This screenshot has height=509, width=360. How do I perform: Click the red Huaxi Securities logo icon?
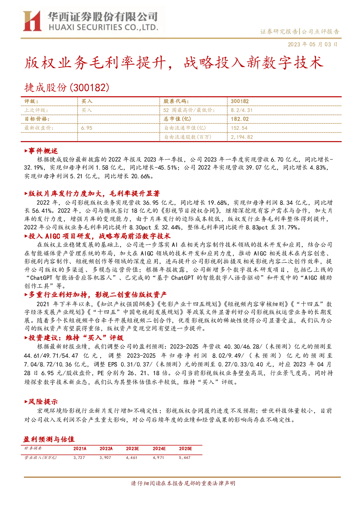32,21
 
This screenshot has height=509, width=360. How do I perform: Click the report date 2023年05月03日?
313,44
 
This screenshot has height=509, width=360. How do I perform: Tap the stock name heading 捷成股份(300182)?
67,87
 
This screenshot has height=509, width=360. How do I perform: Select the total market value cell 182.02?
240,119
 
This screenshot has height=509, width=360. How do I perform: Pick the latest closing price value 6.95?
87,128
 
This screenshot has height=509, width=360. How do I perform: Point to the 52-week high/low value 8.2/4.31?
241,110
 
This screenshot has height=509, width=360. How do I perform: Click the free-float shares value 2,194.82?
242,137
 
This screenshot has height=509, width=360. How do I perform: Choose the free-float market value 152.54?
239,128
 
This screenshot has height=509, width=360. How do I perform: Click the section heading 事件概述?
41,151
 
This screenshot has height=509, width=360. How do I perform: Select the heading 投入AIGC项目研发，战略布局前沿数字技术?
98,236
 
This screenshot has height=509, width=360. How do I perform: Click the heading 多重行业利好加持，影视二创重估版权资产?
95,295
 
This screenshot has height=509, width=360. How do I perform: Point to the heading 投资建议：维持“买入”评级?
74,338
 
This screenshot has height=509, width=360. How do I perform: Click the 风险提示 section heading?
41,402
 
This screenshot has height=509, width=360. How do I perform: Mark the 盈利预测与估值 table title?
49,439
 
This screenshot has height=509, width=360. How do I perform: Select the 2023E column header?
132,448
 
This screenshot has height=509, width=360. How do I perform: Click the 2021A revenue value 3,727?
79,458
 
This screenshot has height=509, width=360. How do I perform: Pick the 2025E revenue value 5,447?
185,458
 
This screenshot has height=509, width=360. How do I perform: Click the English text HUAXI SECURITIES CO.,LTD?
103,28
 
